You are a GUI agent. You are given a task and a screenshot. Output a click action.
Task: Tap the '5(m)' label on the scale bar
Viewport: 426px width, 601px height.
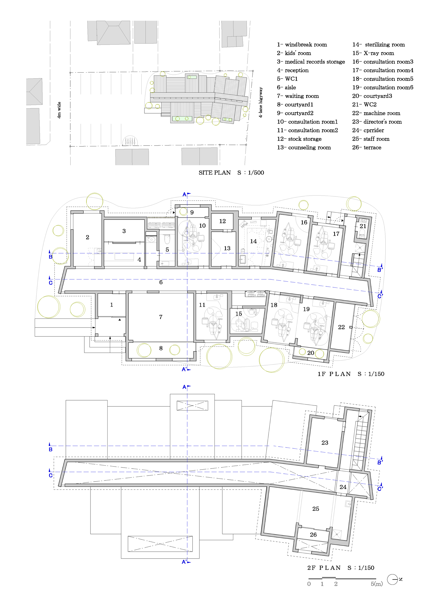(x=376, y=584)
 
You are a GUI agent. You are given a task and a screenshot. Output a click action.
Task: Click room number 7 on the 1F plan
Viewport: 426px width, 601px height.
(x=161, y=317)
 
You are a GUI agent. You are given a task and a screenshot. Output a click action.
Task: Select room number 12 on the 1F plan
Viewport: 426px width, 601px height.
(x=222, y=221)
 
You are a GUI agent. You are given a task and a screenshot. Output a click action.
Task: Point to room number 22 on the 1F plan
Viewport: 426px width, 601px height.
(x=341, y=327)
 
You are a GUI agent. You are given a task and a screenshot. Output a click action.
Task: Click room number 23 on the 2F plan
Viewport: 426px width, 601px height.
(x=325, y=443)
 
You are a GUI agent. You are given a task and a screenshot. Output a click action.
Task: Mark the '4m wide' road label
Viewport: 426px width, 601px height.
(x=59, y=110)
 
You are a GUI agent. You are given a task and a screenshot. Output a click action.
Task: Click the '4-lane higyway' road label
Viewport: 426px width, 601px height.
(x=260, y=102)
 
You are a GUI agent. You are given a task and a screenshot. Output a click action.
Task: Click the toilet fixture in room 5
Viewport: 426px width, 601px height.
(x=167, y=239)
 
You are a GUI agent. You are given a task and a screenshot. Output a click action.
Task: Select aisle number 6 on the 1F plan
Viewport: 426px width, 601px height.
(x=161, y=282)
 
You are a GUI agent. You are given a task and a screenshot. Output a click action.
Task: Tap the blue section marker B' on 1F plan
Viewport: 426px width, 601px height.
(x=380, y=269)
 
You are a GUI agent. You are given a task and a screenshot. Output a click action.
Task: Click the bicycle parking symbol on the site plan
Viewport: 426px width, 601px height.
(x=130, y=141)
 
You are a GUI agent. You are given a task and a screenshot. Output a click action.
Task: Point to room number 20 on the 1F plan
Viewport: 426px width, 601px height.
(x=311, y=353)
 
